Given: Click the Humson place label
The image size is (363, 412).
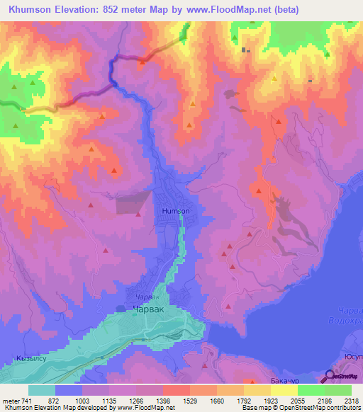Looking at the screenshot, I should coord(176,211).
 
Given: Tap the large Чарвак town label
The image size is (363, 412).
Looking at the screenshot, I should coord(150,309).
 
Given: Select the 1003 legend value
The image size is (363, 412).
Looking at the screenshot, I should coord(82,401).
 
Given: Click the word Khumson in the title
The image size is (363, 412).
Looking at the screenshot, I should coord(33,10).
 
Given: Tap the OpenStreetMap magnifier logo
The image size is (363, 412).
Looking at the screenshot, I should coord(330,377).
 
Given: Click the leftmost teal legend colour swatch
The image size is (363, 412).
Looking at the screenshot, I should coord(42,390).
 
